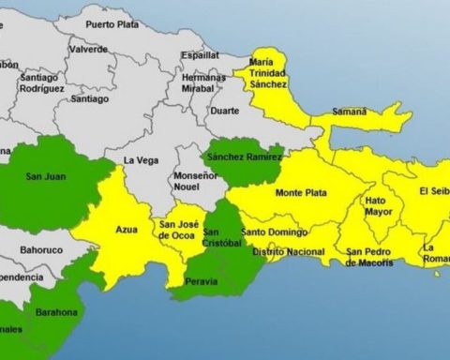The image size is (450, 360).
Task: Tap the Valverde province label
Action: click(88, 49)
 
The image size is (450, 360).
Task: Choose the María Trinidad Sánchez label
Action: click(266, 73)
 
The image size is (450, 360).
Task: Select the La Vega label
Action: click(141, 160)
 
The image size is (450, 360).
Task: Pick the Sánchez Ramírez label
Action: click(244, 157)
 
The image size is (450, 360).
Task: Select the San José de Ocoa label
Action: click(180, 230)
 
